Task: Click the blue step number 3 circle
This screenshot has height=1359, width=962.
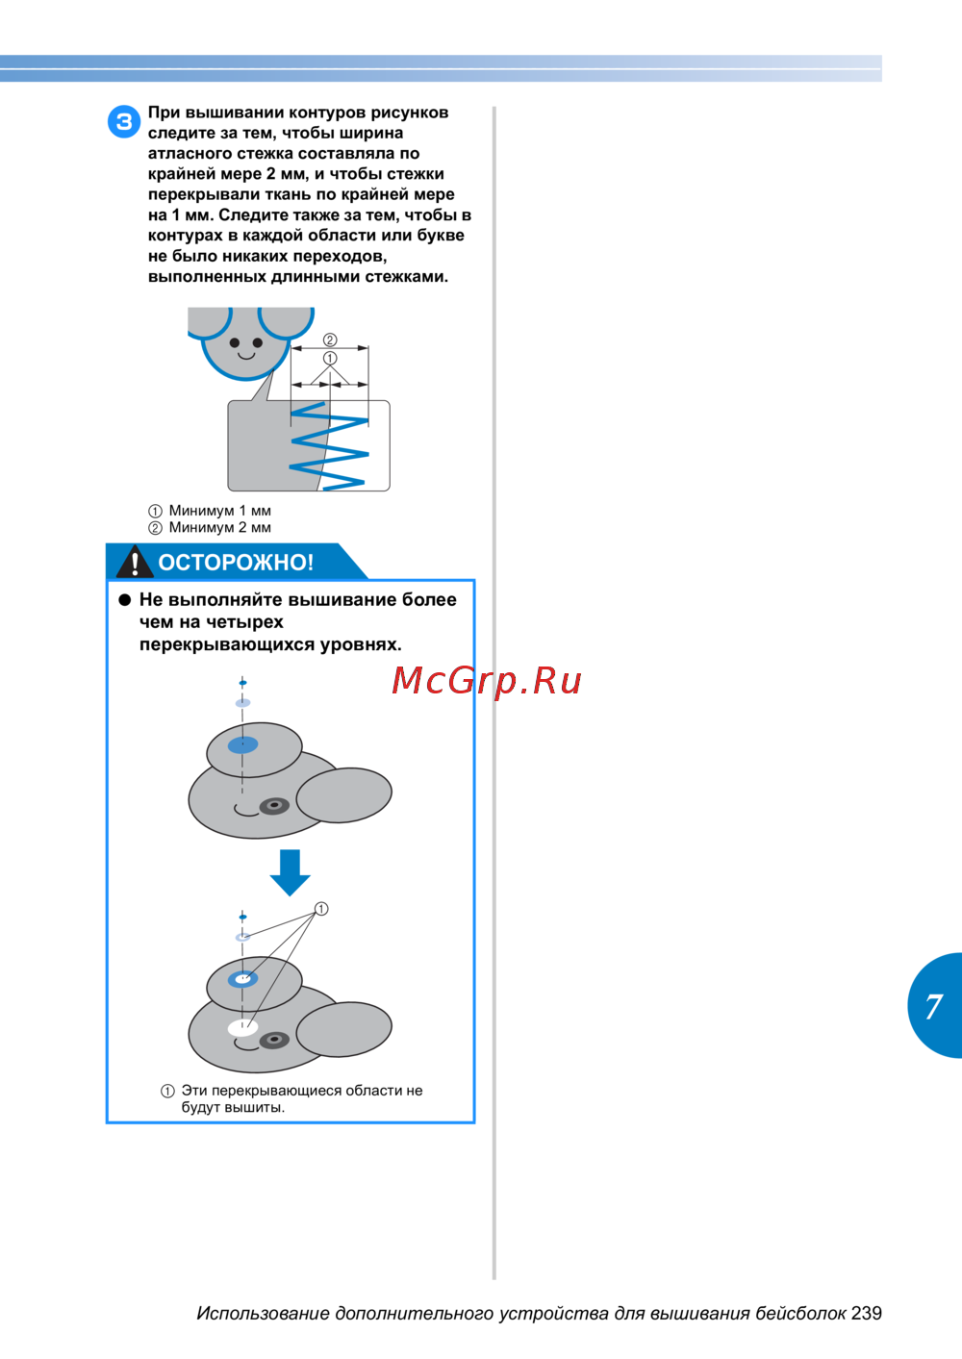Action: pos(124,122)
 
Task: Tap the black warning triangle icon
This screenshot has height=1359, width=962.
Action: pos(134,561)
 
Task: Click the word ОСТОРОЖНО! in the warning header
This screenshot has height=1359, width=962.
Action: pos(236,563)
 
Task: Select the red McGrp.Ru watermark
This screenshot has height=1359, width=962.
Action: pos(486,680)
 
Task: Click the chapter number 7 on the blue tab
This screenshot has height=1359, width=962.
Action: pos(933,1006)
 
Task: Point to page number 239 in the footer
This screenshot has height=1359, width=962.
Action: pos(866,1313)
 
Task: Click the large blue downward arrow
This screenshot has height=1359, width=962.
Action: pos(291,872)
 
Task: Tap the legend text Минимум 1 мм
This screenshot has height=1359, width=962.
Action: pos(219,511)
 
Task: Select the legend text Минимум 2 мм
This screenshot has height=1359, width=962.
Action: pos(219,528)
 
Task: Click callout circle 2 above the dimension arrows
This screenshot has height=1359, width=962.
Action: pos(330,340)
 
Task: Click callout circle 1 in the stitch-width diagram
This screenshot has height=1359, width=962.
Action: pos(330,359)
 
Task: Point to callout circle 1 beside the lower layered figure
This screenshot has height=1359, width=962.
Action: pos(321,909)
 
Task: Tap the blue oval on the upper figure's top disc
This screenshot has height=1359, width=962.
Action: pos(242,744)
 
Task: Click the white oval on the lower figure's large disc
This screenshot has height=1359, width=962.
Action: pos(242,1028)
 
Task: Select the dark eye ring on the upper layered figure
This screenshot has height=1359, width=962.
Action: pos(274,806)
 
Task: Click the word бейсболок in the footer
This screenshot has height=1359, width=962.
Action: pos(800,1314)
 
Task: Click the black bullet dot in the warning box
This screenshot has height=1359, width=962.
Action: pos(125,600)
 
